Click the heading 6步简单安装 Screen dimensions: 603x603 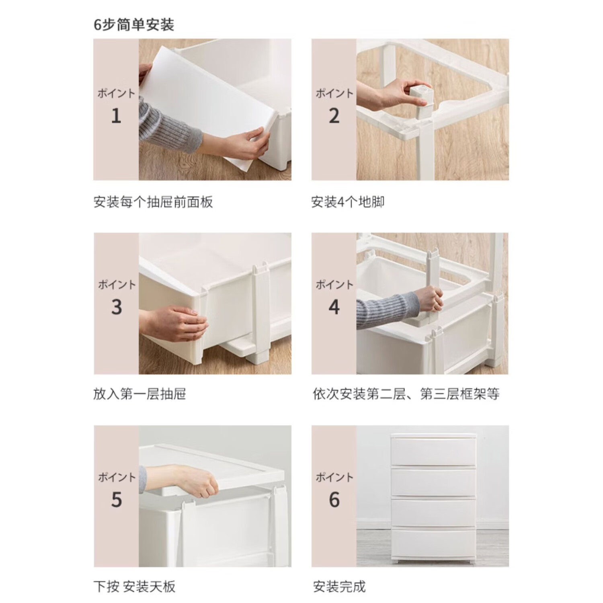(134, 25)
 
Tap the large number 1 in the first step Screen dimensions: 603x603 (116, 116)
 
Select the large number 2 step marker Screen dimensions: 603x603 (334, 116)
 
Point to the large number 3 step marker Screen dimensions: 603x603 (116, 308)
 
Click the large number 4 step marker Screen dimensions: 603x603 (334, 308)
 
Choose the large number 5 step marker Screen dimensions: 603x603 (116, 500)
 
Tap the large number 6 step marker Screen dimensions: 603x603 (334, 500)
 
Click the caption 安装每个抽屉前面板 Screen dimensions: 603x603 (153, 202)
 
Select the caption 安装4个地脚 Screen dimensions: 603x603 (348, 202)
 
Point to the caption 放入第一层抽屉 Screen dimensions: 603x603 (140, 394)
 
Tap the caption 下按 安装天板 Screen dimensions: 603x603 (135, 587)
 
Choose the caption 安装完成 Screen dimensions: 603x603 (339, 587)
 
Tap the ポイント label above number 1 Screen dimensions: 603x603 (116, 93)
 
